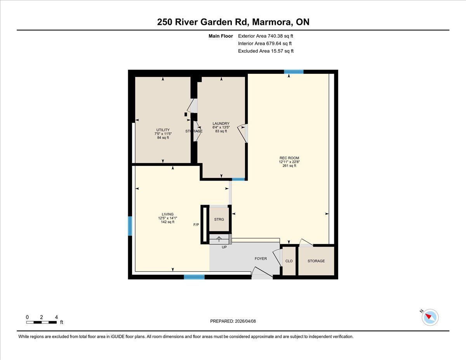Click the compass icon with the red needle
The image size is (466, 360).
430,317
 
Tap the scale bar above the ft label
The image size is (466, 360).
42,322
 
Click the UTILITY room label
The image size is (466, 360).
163,130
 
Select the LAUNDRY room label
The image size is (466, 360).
221,123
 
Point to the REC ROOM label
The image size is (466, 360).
289,158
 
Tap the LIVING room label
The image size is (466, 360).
168,214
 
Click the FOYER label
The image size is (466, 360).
261,259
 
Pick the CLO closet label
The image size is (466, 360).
289,261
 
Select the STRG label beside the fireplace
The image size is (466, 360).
219,219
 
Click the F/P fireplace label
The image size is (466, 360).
196,225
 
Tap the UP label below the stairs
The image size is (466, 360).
224,247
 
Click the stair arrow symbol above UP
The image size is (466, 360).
219,239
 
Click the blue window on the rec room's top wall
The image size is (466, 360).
294,72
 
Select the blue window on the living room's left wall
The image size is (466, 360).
130,226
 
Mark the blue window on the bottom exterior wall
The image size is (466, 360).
194,277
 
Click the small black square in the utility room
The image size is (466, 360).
186,115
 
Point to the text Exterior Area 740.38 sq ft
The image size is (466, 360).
266,36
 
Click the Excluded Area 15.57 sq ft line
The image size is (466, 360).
266,51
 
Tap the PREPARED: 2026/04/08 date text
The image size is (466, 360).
233,321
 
